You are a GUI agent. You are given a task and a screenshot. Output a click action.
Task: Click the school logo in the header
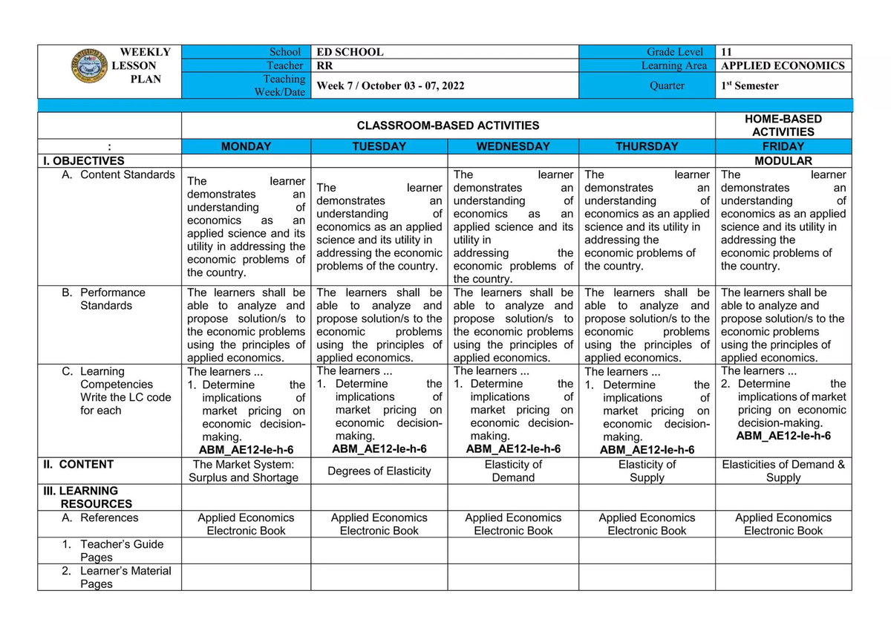click(x=90, y=67)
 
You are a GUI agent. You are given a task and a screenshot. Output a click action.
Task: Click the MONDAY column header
click(x=246, y=146)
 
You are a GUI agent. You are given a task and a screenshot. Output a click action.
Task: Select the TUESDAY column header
click(x=379, y=146)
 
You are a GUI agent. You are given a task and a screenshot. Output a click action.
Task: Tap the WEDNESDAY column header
click(x=513, y=146)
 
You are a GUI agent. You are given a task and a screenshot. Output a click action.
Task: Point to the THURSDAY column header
click(x=646, y=146)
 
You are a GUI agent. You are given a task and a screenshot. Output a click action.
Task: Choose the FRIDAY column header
click(x=783, y=146)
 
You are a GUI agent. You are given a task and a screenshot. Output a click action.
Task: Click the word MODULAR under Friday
click(x=783, y=160)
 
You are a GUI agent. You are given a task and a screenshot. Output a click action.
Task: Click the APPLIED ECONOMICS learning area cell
click(x=783, y=65)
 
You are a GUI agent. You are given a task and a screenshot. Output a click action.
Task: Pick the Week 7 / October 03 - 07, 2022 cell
click(x=391, y=85)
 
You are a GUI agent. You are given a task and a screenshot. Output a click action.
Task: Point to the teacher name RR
click(x=325, y=65)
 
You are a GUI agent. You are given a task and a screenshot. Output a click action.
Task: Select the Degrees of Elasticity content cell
click(x=379, y=471)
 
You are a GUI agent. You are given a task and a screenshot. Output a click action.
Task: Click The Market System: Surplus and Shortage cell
click(x=246, y=471)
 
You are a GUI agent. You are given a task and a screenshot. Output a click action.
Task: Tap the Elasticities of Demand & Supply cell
click(x=783, y=471)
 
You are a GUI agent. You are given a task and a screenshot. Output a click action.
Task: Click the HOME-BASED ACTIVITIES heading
click(x=783, y=125)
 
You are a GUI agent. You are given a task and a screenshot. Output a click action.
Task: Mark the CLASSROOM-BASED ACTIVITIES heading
click(x=448, y=125)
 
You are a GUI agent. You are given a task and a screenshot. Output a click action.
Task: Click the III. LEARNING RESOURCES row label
click(x=89, y=497)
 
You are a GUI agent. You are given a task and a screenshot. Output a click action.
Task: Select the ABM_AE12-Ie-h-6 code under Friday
click(x=783, y=436)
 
